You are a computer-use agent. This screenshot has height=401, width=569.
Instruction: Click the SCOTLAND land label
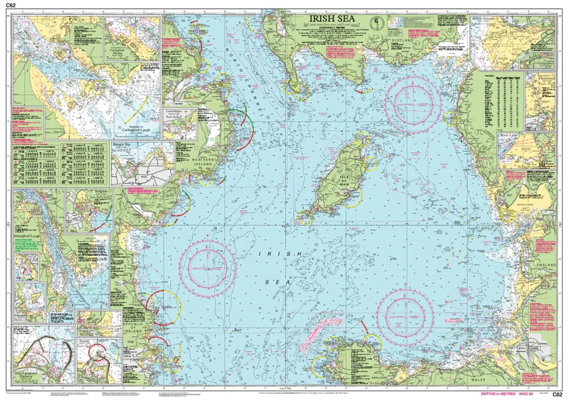pyautogui.click(x=401, y=41)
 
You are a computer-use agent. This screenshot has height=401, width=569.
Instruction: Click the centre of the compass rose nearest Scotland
pyautogui.click(x=413, y=105)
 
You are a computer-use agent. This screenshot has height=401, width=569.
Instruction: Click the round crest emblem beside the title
pyautogui.click(x=377, y=23)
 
